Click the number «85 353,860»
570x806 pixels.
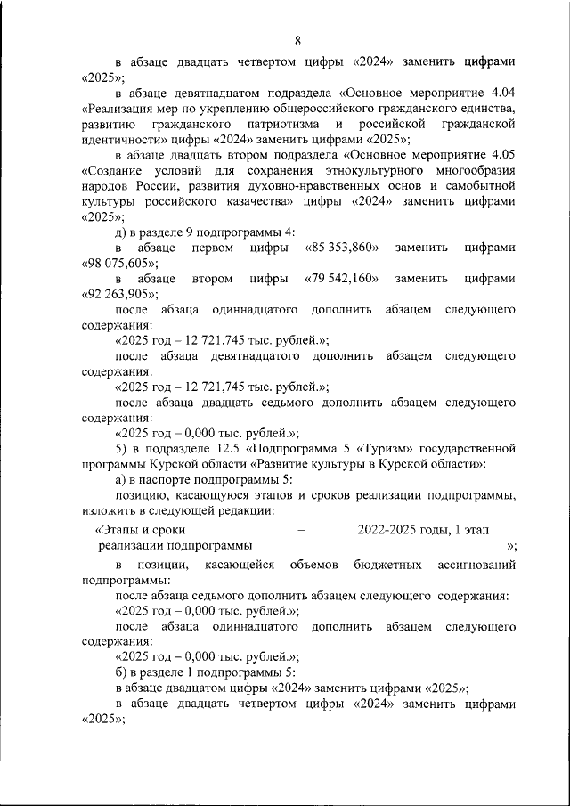[x=342, y=247]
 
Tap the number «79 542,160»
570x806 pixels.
[x=342, y=279]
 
